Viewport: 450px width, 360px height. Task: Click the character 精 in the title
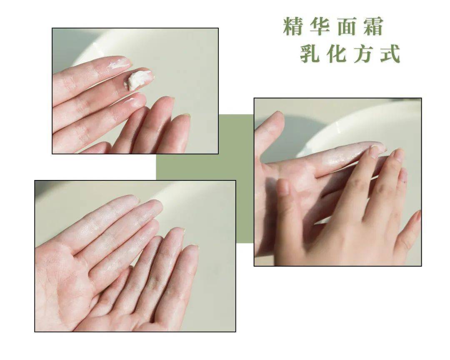point(293,26)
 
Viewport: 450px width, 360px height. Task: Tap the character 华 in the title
point(320,26)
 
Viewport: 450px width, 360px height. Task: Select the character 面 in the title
point(346,26)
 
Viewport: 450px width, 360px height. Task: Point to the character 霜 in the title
point(373,26)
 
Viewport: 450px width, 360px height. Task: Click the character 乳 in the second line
point(310,53)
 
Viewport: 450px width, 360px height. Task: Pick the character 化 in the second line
point(336,53)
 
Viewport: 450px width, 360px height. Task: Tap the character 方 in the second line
point(363,53)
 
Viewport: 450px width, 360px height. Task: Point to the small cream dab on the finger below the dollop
point(130,100)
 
